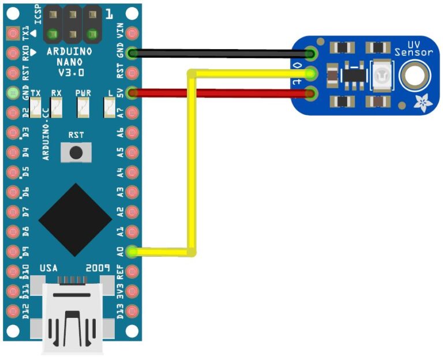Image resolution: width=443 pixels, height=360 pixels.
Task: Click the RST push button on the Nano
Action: point(76,152)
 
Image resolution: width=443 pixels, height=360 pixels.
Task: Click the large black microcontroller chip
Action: point(76,220)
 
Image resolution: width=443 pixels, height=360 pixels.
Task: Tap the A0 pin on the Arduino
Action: point(133,252)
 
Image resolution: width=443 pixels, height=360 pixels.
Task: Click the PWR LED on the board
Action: point(82,106)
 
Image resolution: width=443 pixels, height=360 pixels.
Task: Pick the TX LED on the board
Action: point(36,106)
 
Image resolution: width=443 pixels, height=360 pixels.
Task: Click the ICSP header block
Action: point(72,24)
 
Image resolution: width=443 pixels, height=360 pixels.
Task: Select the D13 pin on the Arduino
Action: point(133,310)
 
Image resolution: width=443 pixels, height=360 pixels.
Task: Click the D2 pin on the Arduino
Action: point(13,112)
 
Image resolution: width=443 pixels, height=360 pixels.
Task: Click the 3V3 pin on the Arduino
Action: point(133,291)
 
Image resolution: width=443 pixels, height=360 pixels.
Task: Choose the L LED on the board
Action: point(108,106)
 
